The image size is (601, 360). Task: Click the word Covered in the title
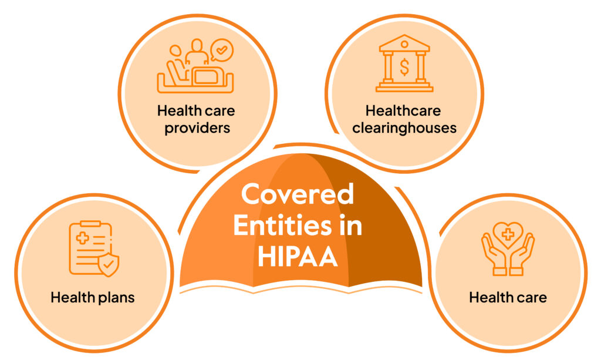pyautogui.click(x=298, y=194)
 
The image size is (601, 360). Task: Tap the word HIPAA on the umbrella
pyautogui.click(x=298, y=256)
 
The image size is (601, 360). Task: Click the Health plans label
pyautogui.click(x=93, y=297)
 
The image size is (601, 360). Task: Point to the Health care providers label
pyautogui.click(x=196, y=119)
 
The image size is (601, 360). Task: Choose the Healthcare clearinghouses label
pyautogui.click(x=404, y=119)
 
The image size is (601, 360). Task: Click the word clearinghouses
pyautogui.click(x=404, y=127)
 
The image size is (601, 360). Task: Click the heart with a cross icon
pyautogui.click(x=508, y=234)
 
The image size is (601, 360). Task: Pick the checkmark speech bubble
pyautogui.click(x=222, y=51)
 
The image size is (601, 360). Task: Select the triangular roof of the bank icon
pyautogui.click(x=404, y=42)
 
